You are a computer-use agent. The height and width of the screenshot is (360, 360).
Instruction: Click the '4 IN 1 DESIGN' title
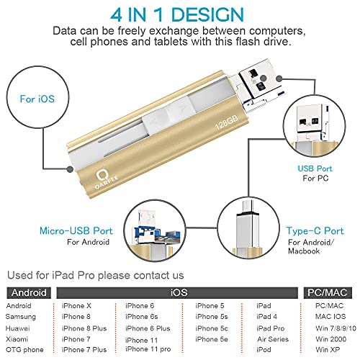click(179, 14)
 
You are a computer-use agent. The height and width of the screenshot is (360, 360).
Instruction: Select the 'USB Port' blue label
click(315, 168)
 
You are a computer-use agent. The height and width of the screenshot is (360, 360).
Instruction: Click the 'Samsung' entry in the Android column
click(20, 317)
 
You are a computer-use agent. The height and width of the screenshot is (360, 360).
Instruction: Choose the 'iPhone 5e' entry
click(210, 339)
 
